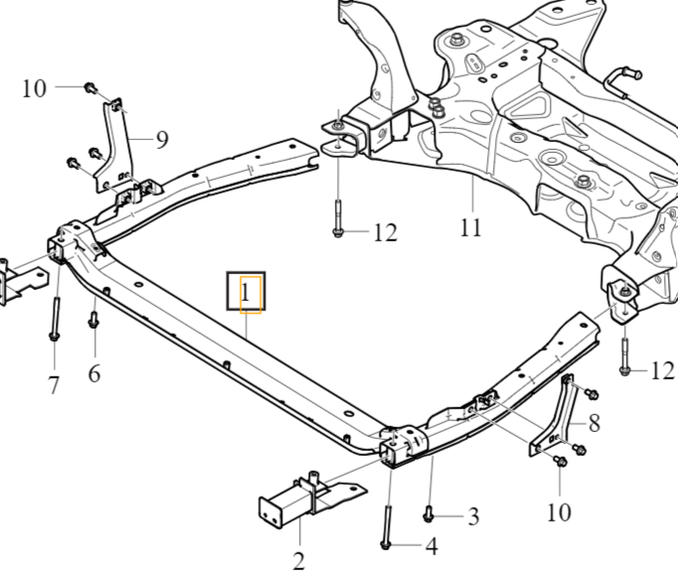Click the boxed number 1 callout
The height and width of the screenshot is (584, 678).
tap(247, 292)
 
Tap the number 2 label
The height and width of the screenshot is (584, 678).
tap(298, 562)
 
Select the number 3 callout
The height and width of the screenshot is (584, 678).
tap(473, 515)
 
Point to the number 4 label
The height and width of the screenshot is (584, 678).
tap(430, 545)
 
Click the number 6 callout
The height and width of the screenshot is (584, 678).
tap(94, 373)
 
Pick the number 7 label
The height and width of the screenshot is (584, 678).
tap(55, 384)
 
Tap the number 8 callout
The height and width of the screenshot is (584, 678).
tap(593, 423)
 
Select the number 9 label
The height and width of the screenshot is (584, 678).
tap(161, 138)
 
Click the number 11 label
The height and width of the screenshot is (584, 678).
tap(471, 227)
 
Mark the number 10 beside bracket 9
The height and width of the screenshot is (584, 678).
tap(34, 87)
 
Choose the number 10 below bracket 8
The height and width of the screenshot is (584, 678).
tap(559, 511)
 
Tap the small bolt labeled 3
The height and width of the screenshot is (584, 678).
tap(429, 512)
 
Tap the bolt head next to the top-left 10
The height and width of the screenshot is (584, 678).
tap(89, 87)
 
